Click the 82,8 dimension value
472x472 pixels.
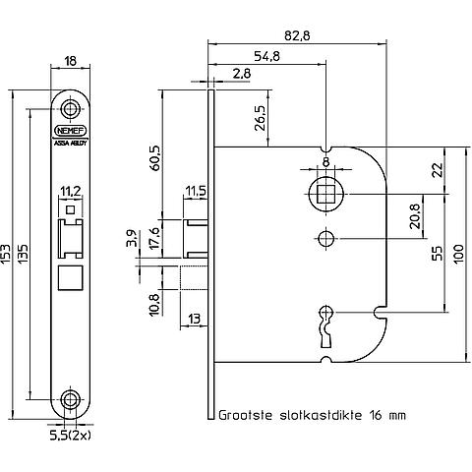pos(297,35)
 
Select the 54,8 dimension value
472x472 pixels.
pos(267,56)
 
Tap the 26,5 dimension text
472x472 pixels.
pos(261,118)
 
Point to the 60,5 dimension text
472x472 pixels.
pos(155,158)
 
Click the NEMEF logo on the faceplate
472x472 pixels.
pos(70,131)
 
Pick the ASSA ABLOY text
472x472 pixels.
pos(70,144)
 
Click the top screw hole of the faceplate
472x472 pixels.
pos(70,109)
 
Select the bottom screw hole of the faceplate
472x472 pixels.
pos(70,399)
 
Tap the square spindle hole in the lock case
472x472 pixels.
pos(325,194)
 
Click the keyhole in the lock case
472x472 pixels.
pos(326,326)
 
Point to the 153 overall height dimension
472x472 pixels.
pos(6,255)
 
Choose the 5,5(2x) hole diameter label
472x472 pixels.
pos(70,436)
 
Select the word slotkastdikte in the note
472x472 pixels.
pos(321,415)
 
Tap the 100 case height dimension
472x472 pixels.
pos(459,254)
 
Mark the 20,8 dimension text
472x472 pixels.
pos(414,216)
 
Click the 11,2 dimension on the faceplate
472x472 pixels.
pos(70,191)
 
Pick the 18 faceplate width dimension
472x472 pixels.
pos(70,61)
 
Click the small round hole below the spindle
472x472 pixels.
pos(325,239)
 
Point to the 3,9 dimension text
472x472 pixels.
pos(132,238)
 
